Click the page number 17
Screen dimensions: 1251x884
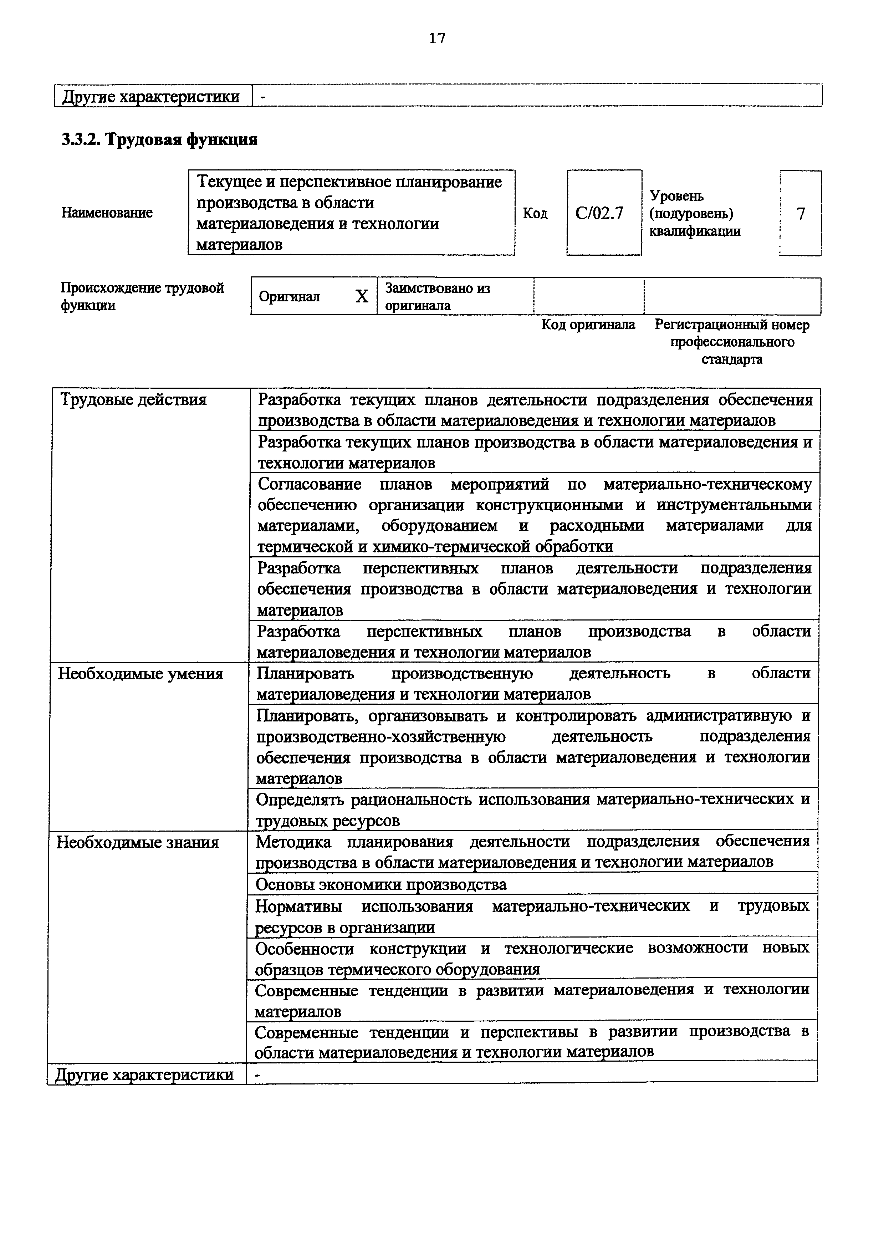point(437,38)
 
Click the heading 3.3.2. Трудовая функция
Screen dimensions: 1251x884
point(159,140)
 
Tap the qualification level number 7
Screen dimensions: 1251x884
point(800,214)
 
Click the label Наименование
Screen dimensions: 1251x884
point(107,213)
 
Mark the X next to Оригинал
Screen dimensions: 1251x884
point(362,296)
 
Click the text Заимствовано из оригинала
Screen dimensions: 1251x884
point(438,296)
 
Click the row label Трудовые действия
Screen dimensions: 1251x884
point(133,400)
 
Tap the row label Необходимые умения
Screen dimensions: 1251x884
point(140,674)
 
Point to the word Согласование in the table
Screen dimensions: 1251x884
point(309,484)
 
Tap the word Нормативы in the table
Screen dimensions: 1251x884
point(298,906)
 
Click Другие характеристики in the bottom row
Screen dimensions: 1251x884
point(144,1075)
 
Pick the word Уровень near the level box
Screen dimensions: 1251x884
point(676,196)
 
